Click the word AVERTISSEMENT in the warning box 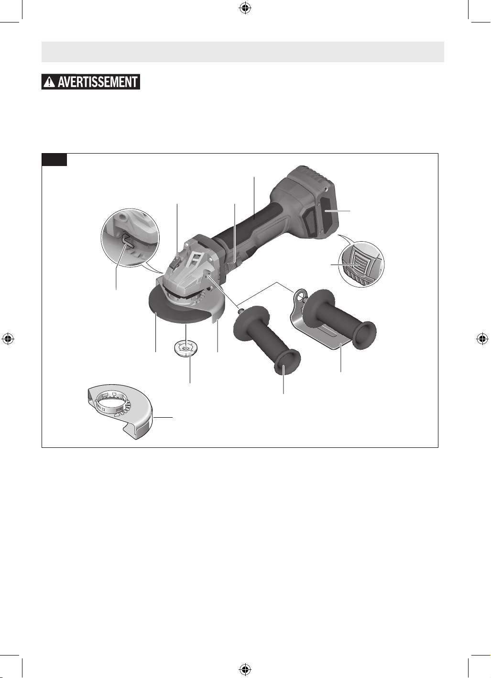[98, 82]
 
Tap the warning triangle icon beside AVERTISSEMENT [49, 82]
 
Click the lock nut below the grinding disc [185, 348]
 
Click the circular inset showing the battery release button [361, 264]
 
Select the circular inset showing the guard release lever [130, 238]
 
